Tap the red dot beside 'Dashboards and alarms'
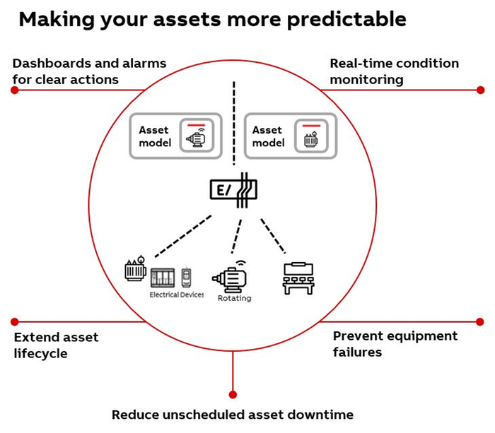click(x=14, y=90)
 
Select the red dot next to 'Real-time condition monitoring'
click(x=481, y=90)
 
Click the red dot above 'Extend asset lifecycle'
click(x=14, y=321)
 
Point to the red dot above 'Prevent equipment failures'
click(x=481, y=321)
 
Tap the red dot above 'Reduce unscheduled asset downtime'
click(x=233, y=394)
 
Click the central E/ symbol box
click(x=233, y=189)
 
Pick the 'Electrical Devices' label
click(x=176, y=295)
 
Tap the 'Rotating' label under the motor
click(x=235, y=298)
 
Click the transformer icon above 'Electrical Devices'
click(x=135, y=269)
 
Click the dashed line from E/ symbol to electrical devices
click(x=182, y=232)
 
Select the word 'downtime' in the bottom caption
click(x=318, y=415)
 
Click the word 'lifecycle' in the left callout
click(x=40, y=353)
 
